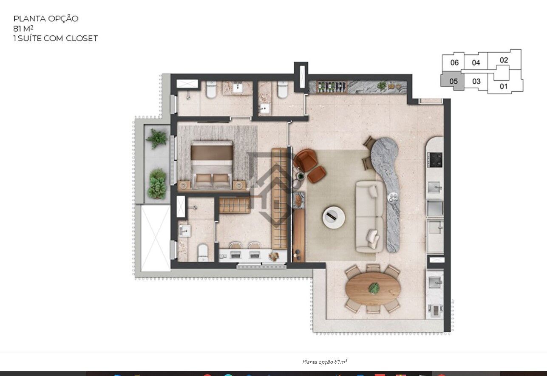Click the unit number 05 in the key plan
coord(453,81)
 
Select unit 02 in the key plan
coord(504,60)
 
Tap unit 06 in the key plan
coord(454,62)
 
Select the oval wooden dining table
coord(373,289)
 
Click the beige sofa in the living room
coord(369,217)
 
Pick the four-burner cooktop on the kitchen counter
coord(435,159)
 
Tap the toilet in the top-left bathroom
coord(211,90)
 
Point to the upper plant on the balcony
coord(158,138)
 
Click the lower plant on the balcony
coord(157,183)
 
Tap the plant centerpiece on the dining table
coord(374,288)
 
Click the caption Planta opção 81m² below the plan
coord(325,362)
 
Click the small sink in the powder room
coord(265,108)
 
